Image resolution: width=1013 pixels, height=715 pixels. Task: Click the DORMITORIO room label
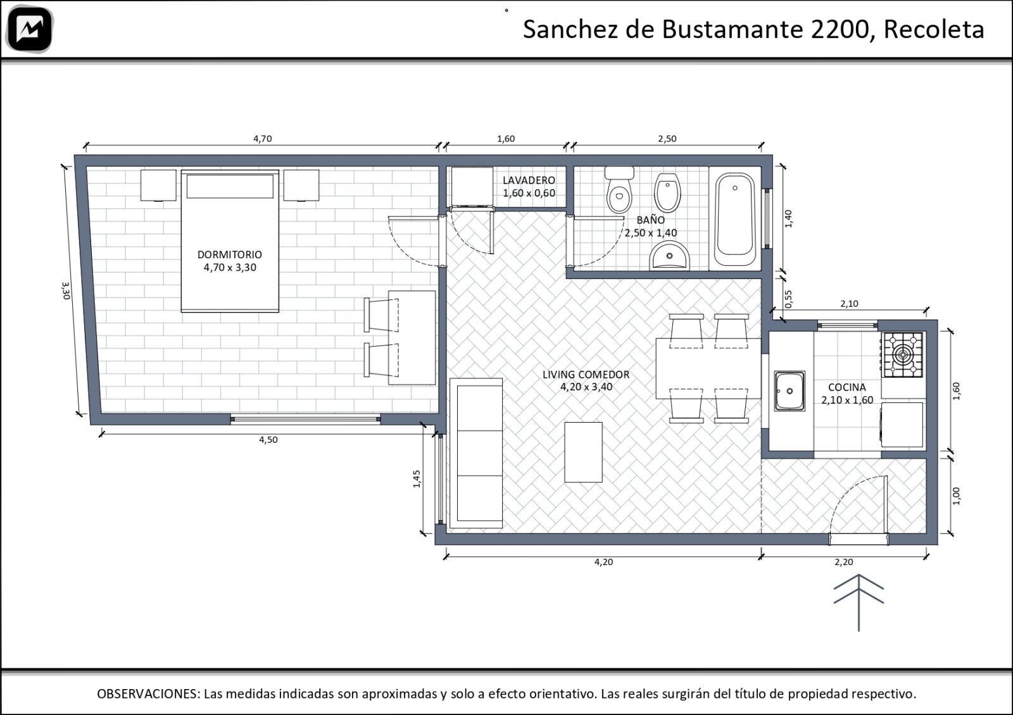(x=230, y=254)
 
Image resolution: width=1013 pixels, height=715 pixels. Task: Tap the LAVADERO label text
(x=529, y=180)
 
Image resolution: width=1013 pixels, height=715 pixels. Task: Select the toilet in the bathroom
(x=620, y=190)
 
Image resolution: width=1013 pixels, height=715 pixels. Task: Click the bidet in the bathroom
(x=667, y=192)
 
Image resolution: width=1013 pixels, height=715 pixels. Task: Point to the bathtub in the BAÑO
(x=735, y=219)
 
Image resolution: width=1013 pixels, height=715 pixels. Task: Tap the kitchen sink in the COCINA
(x=789, y=391)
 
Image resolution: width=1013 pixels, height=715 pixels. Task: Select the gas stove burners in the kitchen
(x=903, y=355)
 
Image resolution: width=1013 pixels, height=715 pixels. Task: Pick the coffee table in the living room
(x=583, y=452)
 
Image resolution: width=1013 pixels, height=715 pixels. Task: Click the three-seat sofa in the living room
(x=476, y=453)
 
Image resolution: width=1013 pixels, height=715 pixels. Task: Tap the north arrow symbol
(x=859, y=602)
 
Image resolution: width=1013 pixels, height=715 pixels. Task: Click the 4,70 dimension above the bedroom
(x=262, y=139)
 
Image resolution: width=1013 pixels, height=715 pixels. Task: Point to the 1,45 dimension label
(x=417, y=479)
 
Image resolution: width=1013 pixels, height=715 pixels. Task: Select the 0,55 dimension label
(x=788, y=299)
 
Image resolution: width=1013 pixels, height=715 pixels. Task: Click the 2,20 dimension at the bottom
(x=844, y=562)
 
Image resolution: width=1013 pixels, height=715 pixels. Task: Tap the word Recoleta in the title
(x=934, y=29)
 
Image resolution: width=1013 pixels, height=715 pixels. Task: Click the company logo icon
(x=30, y=29)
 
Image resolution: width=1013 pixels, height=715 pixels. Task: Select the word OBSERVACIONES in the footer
(x=148, y=693)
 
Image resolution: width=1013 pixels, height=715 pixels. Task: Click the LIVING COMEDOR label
(x=586, y=374)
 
